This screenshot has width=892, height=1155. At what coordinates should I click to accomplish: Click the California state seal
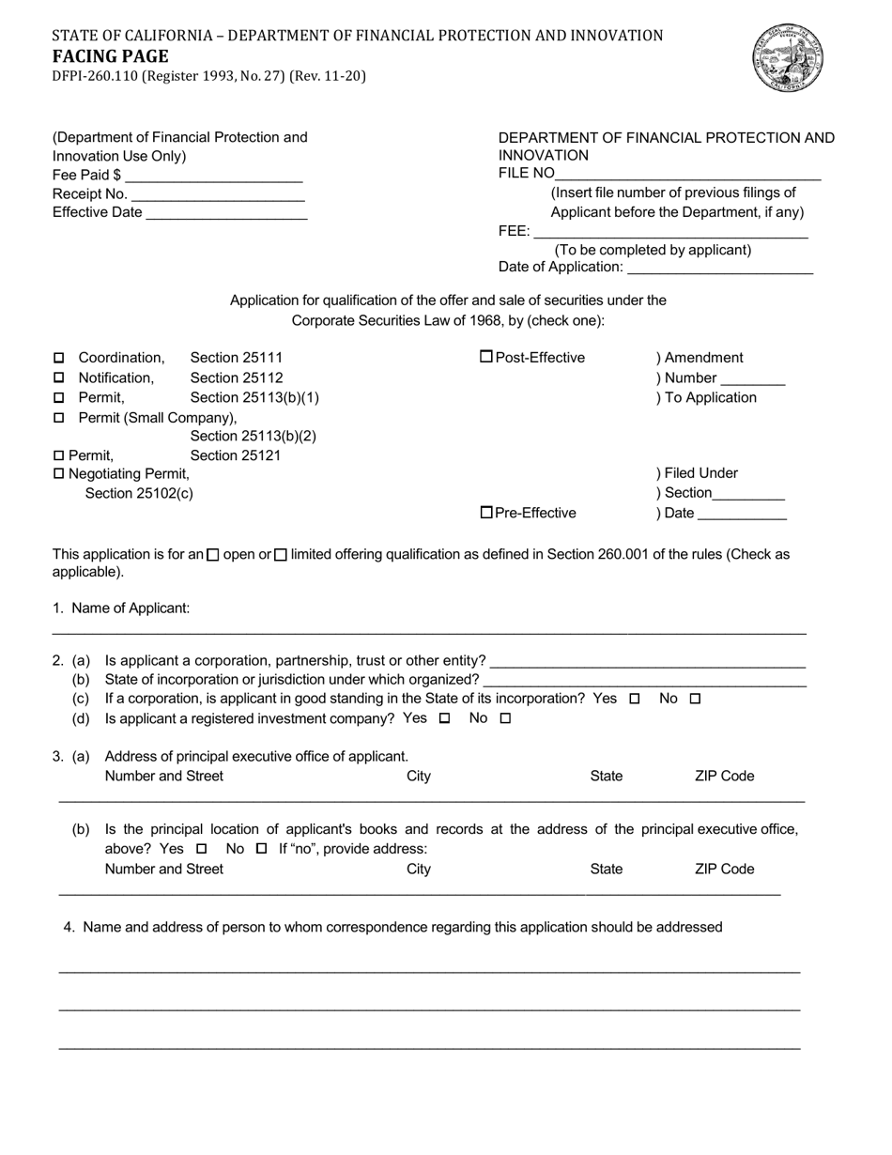788,58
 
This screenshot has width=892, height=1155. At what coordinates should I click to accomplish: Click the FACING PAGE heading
111,56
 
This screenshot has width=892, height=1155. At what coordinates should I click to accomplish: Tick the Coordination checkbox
59,358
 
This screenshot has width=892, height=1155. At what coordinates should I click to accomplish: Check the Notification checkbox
59,377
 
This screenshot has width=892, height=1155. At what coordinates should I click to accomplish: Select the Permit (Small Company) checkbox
59,417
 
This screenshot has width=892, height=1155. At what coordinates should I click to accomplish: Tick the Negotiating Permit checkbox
59,474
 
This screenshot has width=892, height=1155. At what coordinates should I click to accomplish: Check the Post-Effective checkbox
486,357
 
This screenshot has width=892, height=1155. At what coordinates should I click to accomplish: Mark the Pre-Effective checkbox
486,512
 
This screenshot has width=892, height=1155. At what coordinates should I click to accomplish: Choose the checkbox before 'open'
213,555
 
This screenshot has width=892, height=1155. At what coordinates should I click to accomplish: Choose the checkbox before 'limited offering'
281,555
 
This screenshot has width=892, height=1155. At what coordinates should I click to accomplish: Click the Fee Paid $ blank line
213,177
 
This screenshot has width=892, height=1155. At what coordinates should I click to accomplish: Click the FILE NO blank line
688,175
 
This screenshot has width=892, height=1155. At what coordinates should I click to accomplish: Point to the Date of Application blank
719,269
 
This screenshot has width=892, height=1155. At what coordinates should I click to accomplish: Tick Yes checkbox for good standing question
635,699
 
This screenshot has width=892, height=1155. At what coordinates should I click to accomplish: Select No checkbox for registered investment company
505,718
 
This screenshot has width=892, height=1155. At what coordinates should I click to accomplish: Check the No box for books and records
262,849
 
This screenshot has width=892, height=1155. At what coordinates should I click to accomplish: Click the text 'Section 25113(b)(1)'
254,397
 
